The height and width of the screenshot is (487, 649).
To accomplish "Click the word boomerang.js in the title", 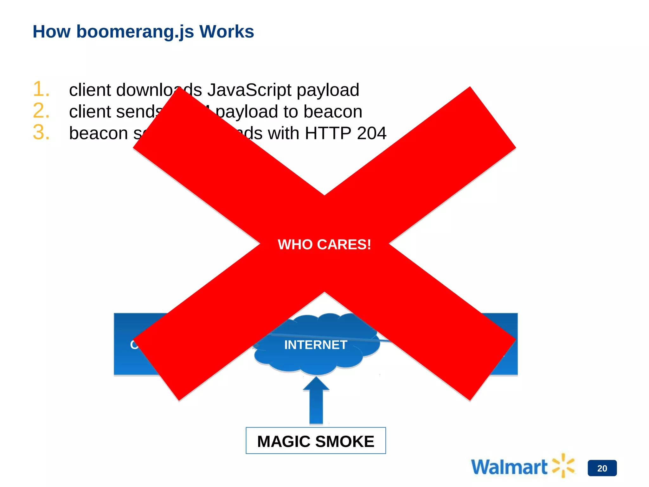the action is pyautogui.click(x=135, y=32).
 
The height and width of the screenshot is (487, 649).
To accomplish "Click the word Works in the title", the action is pyautogui.click(x=226, y=32).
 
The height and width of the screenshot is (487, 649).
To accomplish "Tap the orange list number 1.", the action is pyautogui.click(x=41, y=89).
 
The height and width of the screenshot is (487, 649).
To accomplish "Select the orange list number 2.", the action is pyautogui.click(x=41, y=111).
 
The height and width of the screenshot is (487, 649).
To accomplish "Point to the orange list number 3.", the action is pyautogui.click(x=41, y=132).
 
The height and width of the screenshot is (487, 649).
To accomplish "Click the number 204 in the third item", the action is pyautogui.click(x=371, y=133).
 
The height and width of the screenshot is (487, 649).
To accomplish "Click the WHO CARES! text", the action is pyautogui.click(x=324, y=244).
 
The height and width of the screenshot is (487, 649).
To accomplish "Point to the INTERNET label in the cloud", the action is pyautogui.click(x=316, y=345).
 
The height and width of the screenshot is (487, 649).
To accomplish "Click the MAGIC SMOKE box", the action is pyautogui.click(x=316, y=441).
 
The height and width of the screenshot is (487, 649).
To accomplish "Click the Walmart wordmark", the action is pyautogui.click(x=509, y=467).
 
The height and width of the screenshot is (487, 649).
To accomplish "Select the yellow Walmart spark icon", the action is pyautogui.click(x=563, y=465).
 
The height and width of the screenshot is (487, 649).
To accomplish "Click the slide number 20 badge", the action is pyautogui.click(x=602, y=468).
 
